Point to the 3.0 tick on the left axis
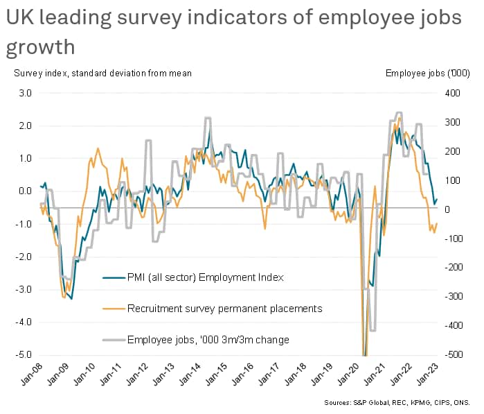pyautogui.click(x=24, y=93)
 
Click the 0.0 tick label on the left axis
pyautogui.click(x=24, y=191)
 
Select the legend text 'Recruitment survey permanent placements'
pyautogui.click(x=225, y=308)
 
